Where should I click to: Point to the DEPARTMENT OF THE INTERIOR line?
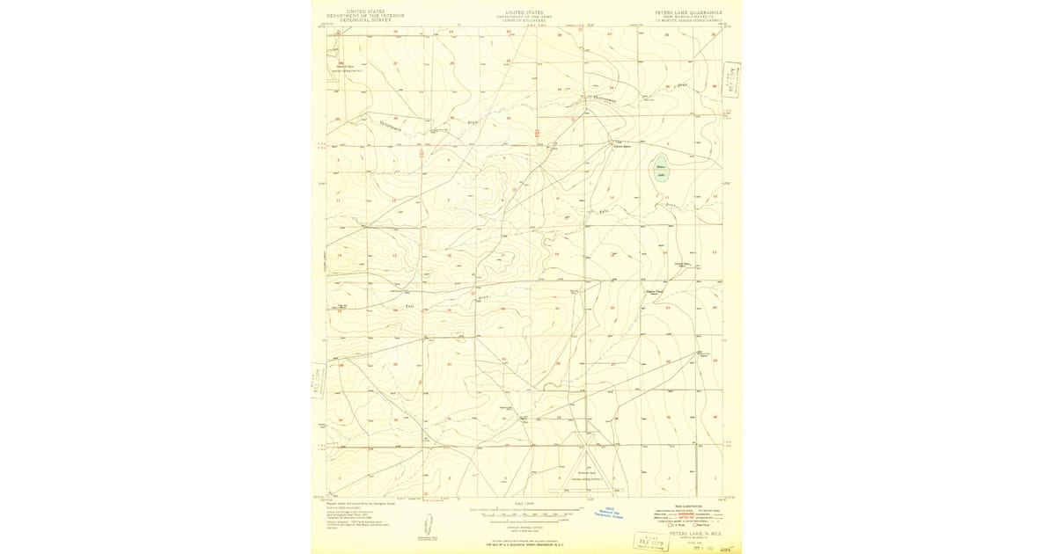pos(365,16)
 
